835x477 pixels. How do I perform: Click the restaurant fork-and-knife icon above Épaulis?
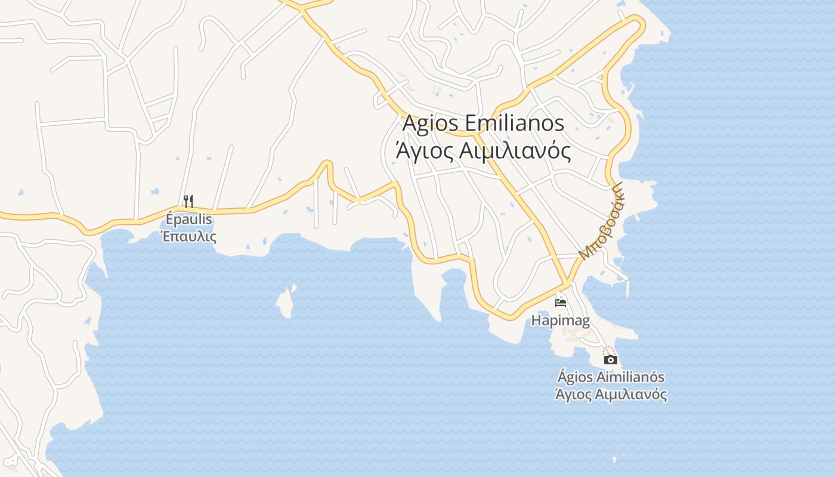[x=188, y=201]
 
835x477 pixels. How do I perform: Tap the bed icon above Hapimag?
[x=560, y=302]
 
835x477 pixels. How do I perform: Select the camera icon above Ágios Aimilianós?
[x=610, y=360]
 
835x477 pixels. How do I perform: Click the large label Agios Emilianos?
[x=483, y=123]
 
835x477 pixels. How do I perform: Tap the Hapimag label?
[x=560, y=321]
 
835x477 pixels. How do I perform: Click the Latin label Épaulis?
[x=188, y=219]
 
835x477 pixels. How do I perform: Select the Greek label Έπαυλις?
[x=188, y=236]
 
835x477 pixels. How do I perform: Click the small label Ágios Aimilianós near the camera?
[x=611, y=377]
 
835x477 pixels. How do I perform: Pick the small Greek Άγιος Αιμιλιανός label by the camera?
[x=611, y=394]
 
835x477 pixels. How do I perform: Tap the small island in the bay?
[x=286, y=302]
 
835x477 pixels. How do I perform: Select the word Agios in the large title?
[x=431, y=123]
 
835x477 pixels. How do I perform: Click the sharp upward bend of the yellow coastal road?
[x=326, y=163]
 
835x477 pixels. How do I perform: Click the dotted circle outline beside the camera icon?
[x=608, y=350]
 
